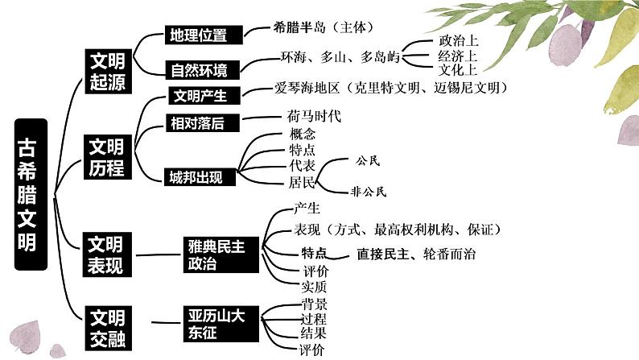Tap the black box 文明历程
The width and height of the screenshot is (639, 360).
coord(106,156)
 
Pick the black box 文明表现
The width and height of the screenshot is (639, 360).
coord(106,254)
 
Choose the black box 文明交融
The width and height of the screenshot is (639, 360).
coord(106,326)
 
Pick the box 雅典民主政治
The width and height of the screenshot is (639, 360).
coord(216,254)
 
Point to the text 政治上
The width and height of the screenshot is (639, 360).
coord(458,41)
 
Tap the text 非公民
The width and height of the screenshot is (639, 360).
coord(369,192)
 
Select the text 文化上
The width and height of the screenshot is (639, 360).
coord(458,70)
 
